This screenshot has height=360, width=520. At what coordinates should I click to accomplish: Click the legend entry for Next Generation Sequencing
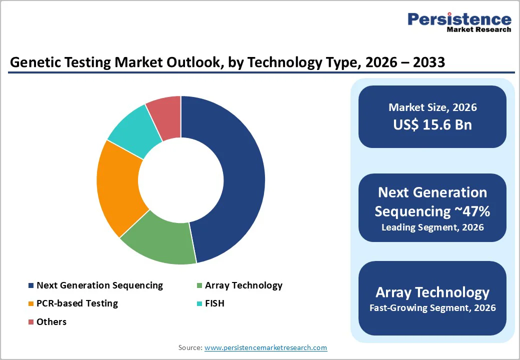(x=99, y=285)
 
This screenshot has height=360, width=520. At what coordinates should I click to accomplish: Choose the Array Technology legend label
(x=243, y=285)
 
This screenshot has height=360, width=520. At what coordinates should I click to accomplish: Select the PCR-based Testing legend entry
(x=77, y=303)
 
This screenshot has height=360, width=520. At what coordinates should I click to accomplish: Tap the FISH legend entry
(x=214, y=303)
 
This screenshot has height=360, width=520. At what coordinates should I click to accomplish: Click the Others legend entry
(x=51, y=321)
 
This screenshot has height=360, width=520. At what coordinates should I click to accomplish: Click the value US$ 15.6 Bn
(x=432, y=124)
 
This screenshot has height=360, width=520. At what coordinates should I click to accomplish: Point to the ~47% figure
(x=472, y=211)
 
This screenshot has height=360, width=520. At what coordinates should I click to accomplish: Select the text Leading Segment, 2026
(x=432, y=227)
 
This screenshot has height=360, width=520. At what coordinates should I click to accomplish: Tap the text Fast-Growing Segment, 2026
(x=432, y=308)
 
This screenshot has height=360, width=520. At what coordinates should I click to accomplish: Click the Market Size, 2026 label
(x=432, y=107)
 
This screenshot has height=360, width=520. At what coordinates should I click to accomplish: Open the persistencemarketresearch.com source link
(x=265, y=347)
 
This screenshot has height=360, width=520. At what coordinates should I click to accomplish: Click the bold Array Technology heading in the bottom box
(x=432, y=292)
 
